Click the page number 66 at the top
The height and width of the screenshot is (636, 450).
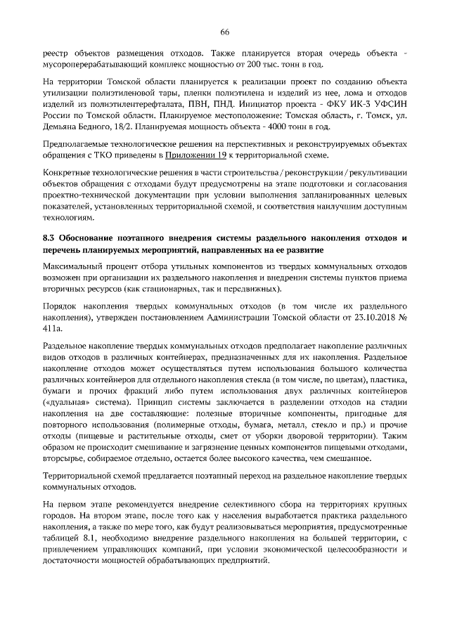coord(225,32)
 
